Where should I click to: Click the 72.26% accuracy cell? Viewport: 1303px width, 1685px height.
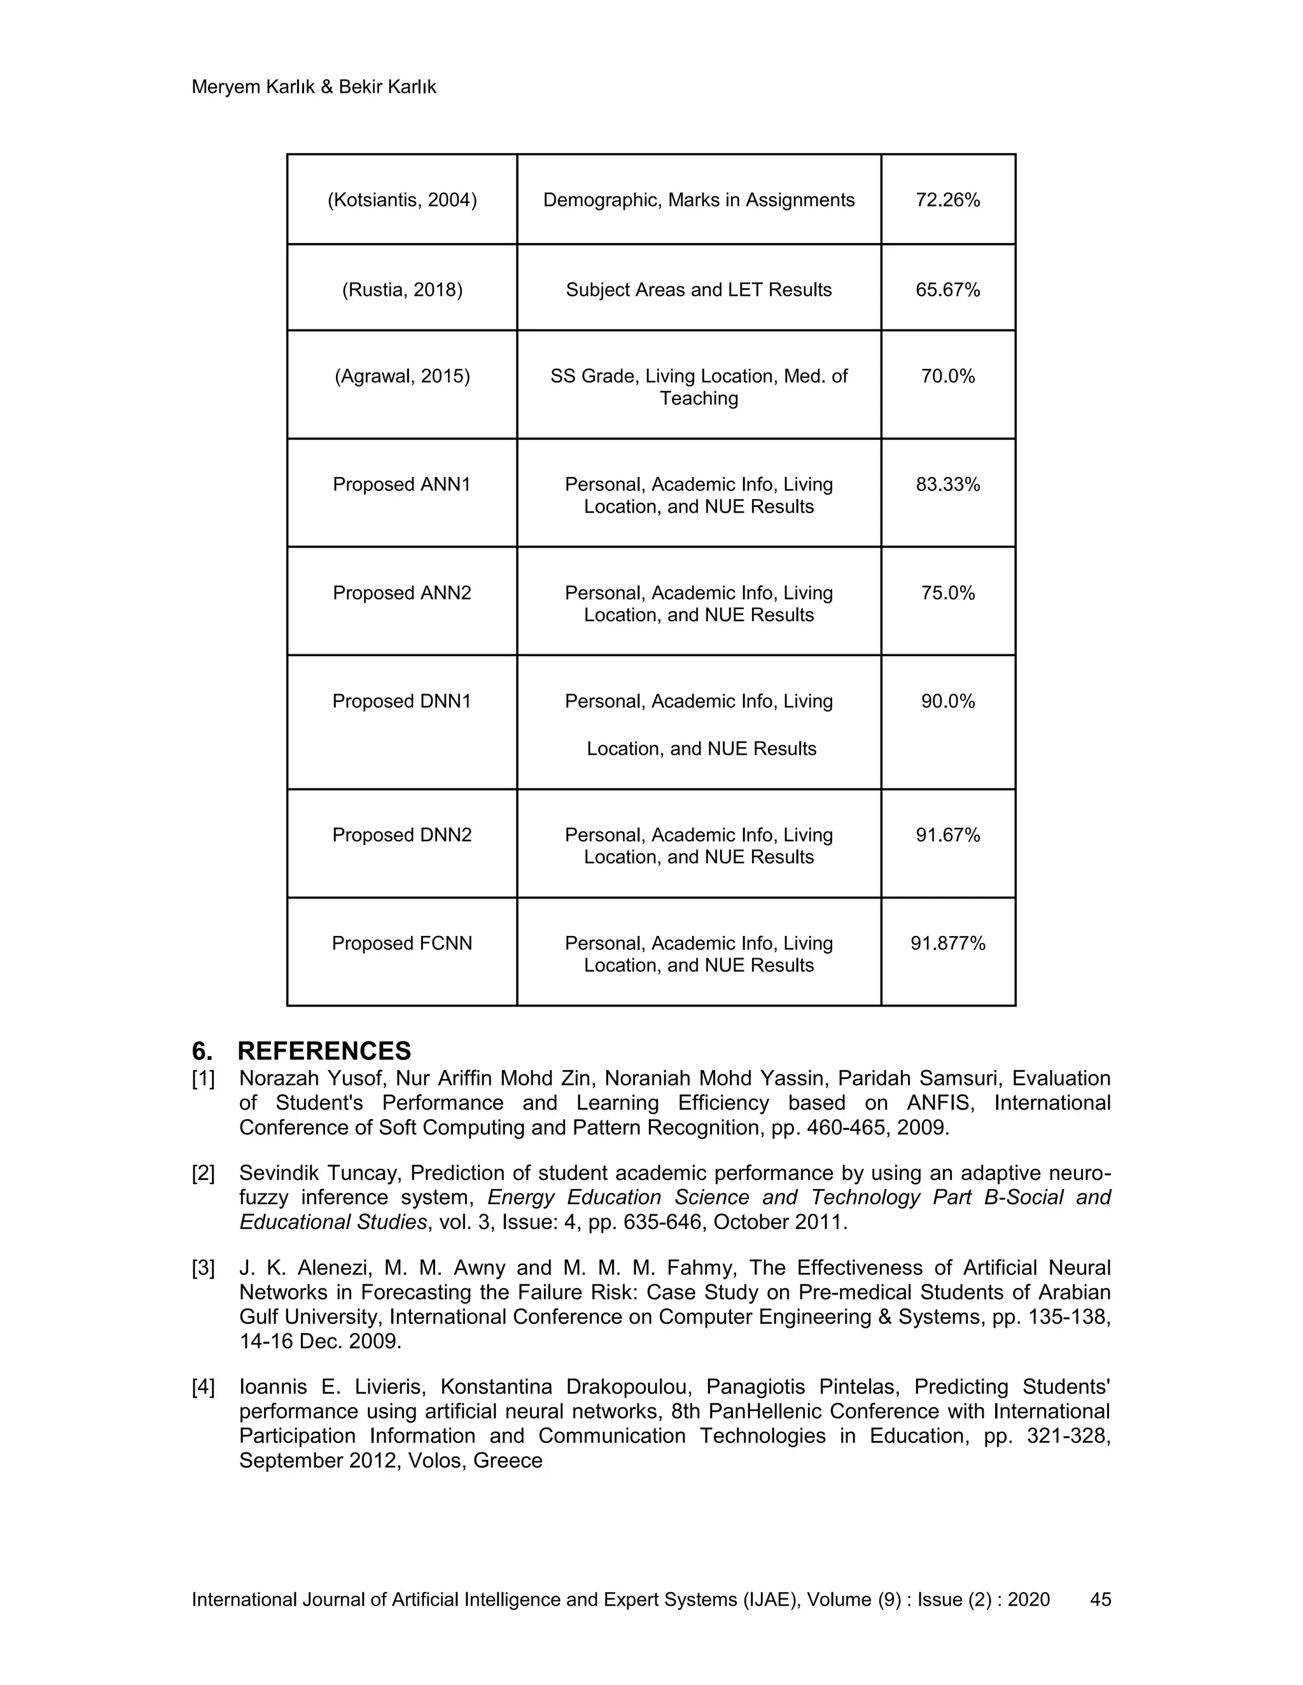[x=947, y=200]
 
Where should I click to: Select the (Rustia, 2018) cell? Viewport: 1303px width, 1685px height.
[x=401, y=290]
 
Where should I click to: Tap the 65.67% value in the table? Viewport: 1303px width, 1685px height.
[x=947, y=290]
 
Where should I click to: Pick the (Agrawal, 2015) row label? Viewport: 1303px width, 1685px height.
[x=401, y=376]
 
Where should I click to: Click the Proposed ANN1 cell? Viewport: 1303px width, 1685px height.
[x=401, y=485]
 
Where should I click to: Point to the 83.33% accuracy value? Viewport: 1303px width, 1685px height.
[x=947, y=485]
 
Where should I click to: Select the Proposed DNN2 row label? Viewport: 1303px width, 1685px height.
[x=401, y=835]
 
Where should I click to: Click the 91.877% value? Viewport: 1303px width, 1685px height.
[x=947, y=943]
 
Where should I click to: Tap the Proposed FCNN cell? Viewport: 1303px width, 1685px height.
[x=401, y=943]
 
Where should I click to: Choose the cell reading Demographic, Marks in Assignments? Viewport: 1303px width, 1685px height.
[x=699, y=200]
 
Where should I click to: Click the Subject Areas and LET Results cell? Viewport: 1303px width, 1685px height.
[x=699, y=290]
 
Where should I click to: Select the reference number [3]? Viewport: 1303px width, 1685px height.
[x=203, y=1268]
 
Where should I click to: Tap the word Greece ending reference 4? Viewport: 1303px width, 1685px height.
[x=507, y=1461]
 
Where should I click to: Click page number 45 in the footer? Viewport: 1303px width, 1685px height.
[x=1100, y=1599]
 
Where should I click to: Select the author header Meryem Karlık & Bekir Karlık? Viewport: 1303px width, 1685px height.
[x=314, y=87]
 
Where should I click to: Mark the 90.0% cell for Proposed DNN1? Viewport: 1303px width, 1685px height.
[x=947, y=701]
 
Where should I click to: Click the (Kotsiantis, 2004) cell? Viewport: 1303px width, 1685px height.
[x=401, y=200]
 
